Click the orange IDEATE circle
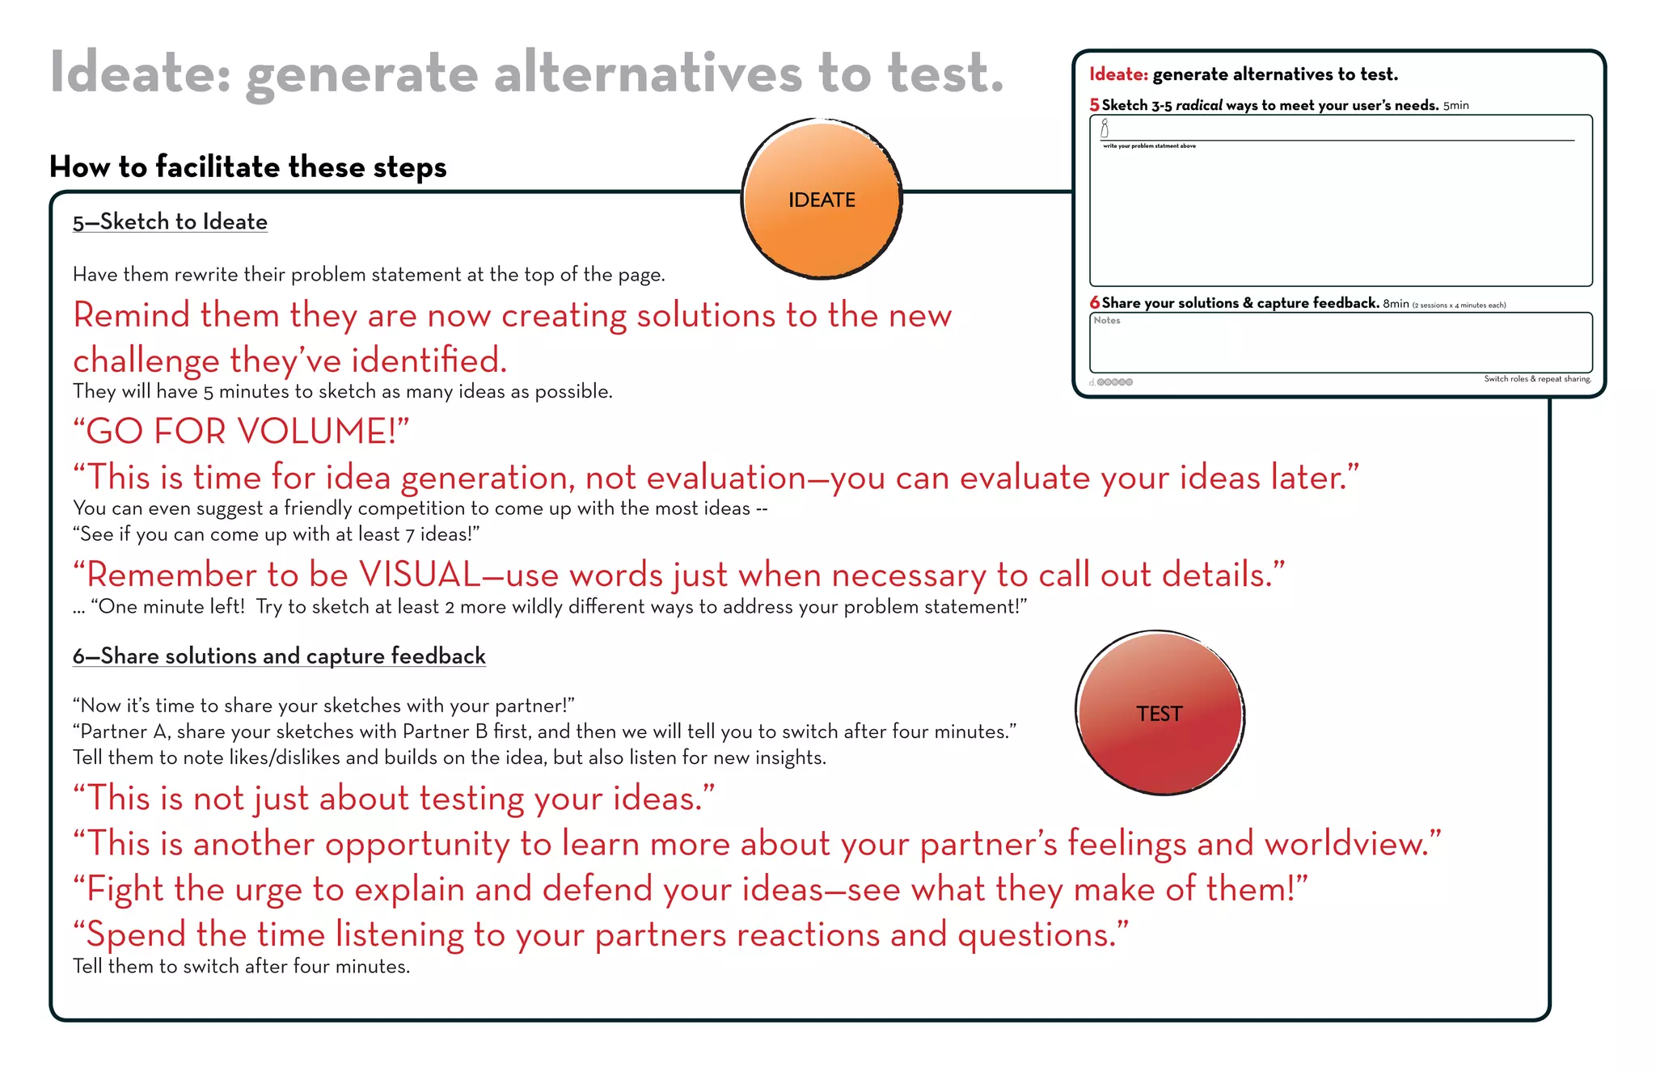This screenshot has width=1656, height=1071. (822, 199)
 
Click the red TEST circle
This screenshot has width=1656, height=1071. (1160, 713)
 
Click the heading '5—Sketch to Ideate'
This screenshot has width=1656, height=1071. (170, 221)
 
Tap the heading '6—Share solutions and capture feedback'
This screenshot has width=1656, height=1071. (279, 656)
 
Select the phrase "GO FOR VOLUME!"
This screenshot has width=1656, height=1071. (241, 431)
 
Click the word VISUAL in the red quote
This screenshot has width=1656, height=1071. (420, 575)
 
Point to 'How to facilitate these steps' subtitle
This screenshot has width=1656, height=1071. (247, 167)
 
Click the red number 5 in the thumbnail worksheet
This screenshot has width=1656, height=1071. (1094, 105)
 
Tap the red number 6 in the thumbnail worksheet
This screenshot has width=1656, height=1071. (1095, 302)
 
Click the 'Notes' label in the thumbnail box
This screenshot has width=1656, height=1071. (1107, 321)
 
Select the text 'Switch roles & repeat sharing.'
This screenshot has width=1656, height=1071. (1536, 379)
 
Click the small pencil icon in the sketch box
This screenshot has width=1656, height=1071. (1105, 129)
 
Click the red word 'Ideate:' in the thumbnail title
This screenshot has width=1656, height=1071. (1118, 74)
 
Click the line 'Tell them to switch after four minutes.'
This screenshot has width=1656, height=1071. (241, 966)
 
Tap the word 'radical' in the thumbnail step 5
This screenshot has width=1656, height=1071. (1198, 105)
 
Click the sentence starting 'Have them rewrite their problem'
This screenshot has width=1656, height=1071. (369, 275)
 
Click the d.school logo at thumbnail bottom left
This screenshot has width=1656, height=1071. (1111, 382)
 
